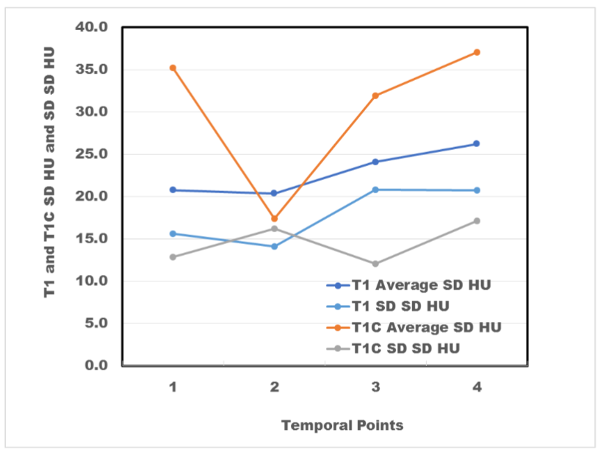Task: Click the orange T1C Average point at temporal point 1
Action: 173,68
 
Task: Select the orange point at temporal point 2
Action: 274,218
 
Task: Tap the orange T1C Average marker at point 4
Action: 477,52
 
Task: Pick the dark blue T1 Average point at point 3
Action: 375,162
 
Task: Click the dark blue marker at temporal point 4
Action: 477,143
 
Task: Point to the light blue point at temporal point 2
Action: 274,246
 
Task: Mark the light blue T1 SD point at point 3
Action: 375,190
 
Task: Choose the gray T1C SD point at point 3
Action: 375,264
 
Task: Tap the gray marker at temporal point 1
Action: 173,256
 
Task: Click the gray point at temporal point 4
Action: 477,221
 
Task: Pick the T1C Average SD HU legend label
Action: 427,328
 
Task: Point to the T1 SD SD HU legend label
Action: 400,306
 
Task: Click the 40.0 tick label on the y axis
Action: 92,27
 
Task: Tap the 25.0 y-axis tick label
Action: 92,154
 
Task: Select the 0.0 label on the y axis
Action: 96,364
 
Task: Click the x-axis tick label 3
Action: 376,387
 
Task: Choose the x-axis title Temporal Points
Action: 342,425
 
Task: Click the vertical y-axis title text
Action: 50,172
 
